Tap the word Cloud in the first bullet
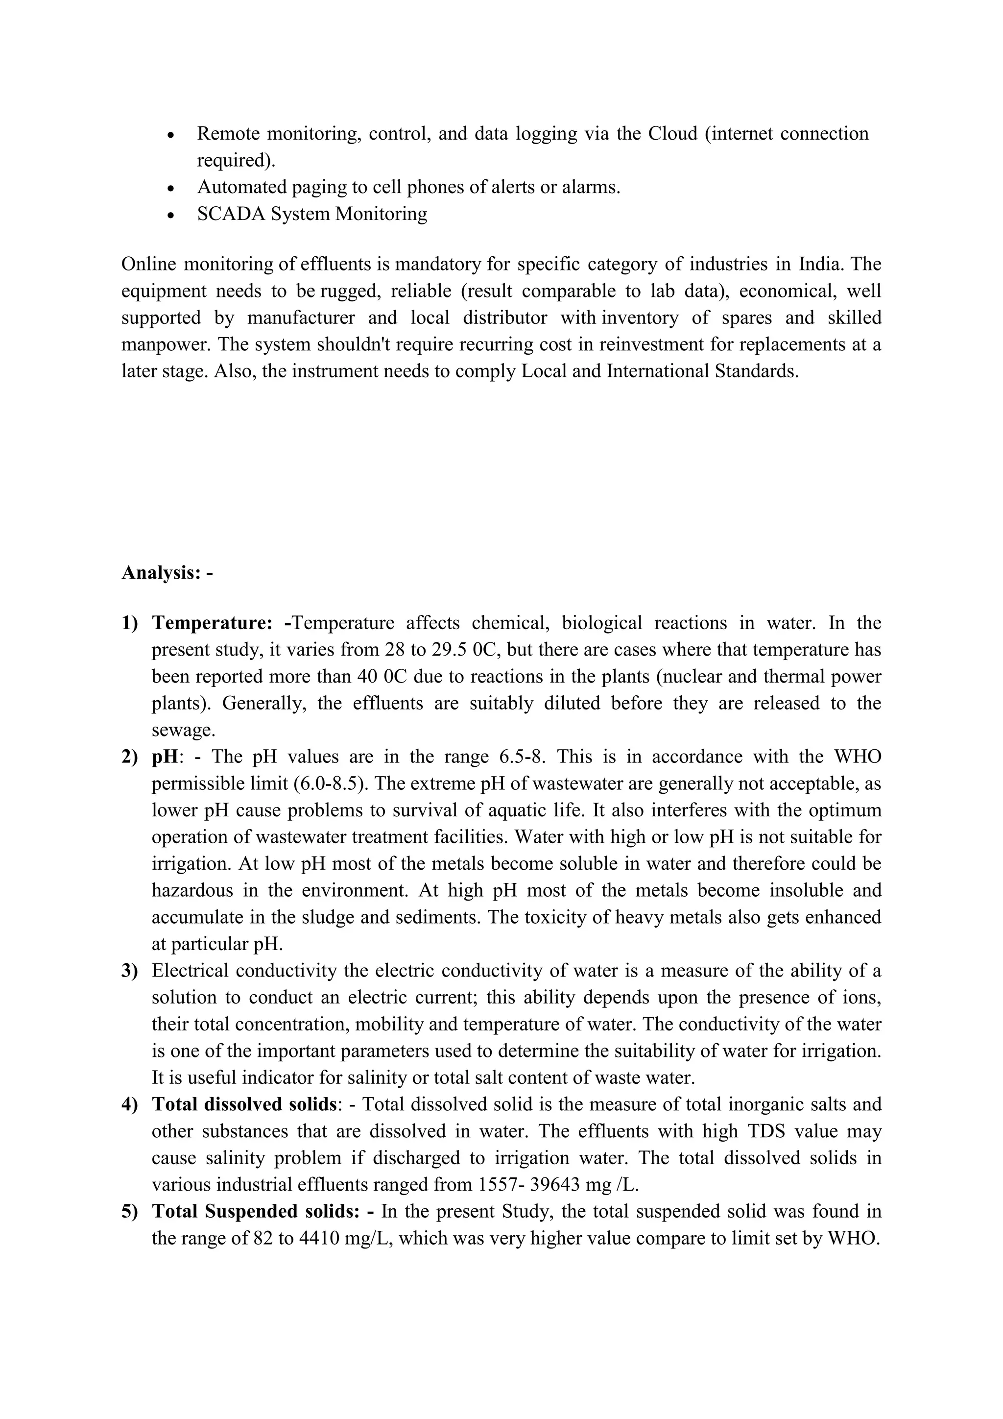tap(672, 133)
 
